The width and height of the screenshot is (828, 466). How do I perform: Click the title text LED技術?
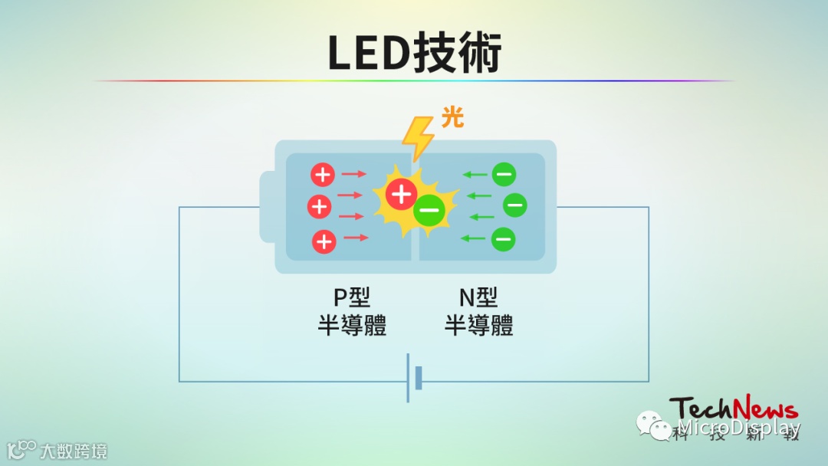click(414, 52)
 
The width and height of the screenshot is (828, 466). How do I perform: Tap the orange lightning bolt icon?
click(418, 138)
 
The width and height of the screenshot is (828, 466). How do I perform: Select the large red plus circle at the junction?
click(402, 194)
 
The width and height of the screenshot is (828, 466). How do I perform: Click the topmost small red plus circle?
click(323, 175)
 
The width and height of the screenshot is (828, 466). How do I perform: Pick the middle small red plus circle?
click(319, 206)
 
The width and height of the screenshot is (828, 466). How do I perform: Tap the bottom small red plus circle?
click(324, 241)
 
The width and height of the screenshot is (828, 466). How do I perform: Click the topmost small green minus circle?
click(504, 175)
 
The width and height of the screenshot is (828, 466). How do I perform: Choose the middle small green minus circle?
click(514, 205)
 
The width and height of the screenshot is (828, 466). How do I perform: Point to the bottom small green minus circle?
click(503, 239)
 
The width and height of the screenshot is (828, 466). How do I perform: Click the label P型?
click(352, 297)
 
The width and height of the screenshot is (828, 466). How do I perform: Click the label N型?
click(478, 297)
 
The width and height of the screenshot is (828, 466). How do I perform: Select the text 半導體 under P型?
click(352, 325)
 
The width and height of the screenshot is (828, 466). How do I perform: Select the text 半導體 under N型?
click(478, 325)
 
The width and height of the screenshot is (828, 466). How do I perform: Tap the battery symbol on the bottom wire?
click(413, 379)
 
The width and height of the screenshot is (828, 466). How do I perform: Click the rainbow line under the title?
click(414, 80)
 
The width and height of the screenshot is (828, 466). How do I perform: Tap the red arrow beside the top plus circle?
click(354, 175)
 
